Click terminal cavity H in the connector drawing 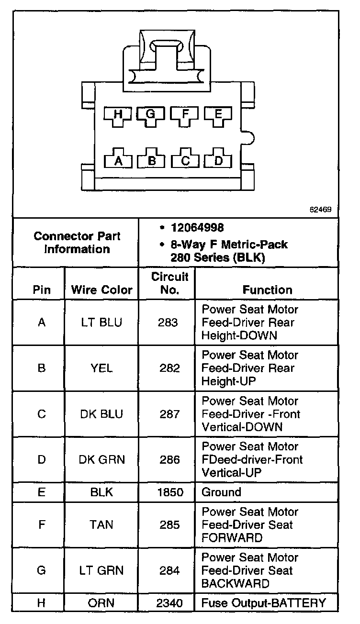[x=118, y=114]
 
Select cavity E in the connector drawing [x=218, y=114]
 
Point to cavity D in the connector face [x=218, y=160]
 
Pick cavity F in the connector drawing [x=185, y=114]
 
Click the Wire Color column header [x=101, y=290]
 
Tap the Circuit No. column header [x=170, y=283]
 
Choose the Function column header [x=267, y=290]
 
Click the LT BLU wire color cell [x=101, y=323]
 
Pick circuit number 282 [x=170, y=368]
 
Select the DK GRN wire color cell [x=101, y=460]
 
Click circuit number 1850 [x=170, y=492]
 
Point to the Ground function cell [x=221, y=492]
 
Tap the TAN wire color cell [x=101, y=525]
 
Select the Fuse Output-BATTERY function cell [x=264, y=603]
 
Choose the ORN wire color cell [x=101, y=603]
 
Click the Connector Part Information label [x=77, y=243]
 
